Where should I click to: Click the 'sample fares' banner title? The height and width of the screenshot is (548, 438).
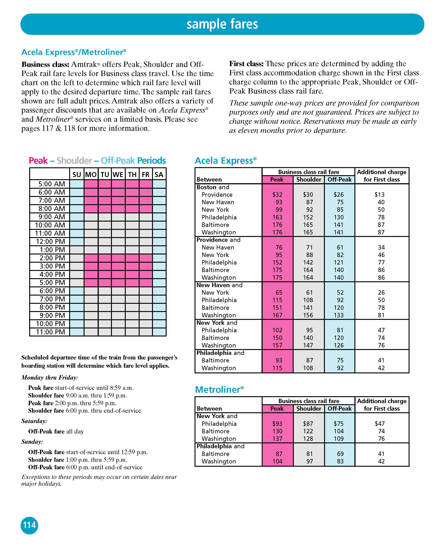(x=222, y=24)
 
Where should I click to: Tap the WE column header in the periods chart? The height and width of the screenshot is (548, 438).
(x=118, y=174)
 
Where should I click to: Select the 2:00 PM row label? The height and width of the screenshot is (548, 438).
(x=52, y=258)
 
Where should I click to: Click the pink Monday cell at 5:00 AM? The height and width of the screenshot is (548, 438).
(x=91, y=184)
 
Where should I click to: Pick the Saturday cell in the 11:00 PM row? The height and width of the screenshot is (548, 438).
(x=159, y=332)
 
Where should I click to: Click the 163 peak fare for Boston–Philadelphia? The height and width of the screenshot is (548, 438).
(x=277, y=217)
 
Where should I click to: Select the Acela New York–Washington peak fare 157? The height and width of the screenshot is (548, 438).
(x=277, y=345)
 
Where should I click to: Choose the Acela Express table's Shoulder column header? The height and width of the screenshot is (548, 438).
(x=309, y=179)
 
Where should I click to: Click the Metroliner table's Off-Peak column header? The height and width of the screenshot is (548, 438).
(x=339, y=408)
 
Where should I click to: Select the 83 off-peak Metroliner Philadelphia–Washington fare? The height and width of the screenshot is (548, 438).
(x=340, y=461)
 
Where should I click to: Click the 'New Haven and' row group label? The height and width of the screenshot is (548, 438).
(x=219, y=285)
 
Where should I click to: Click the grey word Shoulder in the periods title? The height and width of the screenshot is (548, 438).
(x=74, y=161)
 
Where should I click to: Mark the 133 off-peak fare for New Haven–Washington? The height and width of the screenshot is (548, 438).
(x=339, y=315)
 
